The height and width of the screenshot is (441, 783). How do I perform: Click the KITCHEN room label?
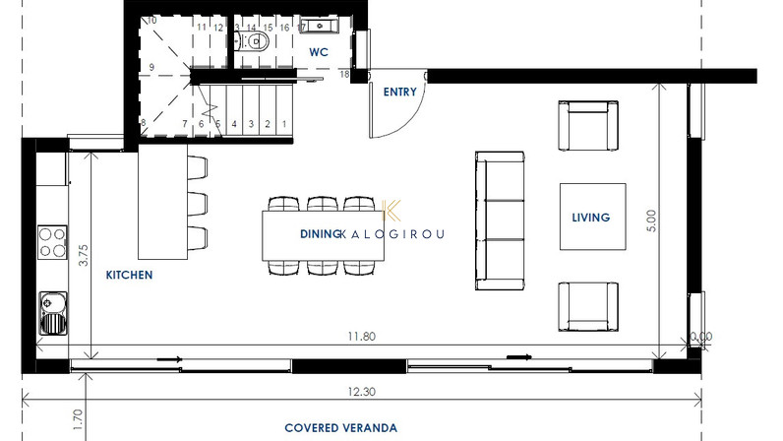pos(129,275)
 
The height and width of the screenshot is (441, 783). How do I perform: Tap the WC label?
pos(319,52)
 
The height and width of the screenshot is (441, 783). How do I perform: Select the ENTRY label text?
pos(400,92)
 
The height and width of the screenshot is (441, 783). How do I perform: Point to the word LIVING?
pos(591,218)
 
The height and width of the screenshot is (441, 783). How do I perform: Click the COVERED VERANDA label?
pos(341,428)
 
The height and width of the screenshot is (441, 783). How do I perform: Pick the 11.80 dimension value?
pos(362,337)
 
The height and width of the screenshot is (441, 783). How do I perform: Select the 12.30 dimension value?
pos(362,392)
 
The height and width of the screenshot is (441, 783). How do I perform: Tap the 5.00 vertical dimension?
pos(651,220)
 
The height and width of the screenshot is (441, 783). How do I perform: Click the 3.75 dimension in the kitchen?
pos(83,255)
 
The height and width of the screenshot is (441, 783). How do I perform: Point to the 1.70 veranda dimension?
pos(78,420)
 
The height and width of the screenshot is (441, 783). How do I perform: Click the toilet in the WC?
pos(253,41)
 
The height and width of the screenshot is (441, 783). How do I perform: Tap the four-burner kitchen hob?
pos(52,242)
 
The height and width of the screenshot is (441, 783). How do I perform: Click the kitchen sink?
pos(53,313)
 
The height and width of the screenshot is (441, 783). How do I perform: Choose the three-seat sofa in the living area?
pos(500,220)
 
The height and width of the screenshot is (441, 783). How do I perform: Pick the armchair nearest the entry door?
pos(588,125)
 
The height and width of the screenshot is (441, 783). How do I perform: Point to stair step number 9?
pos(151,67)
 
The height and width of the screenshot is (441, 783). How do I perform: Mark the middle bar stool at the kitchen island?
pos(198,204)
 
